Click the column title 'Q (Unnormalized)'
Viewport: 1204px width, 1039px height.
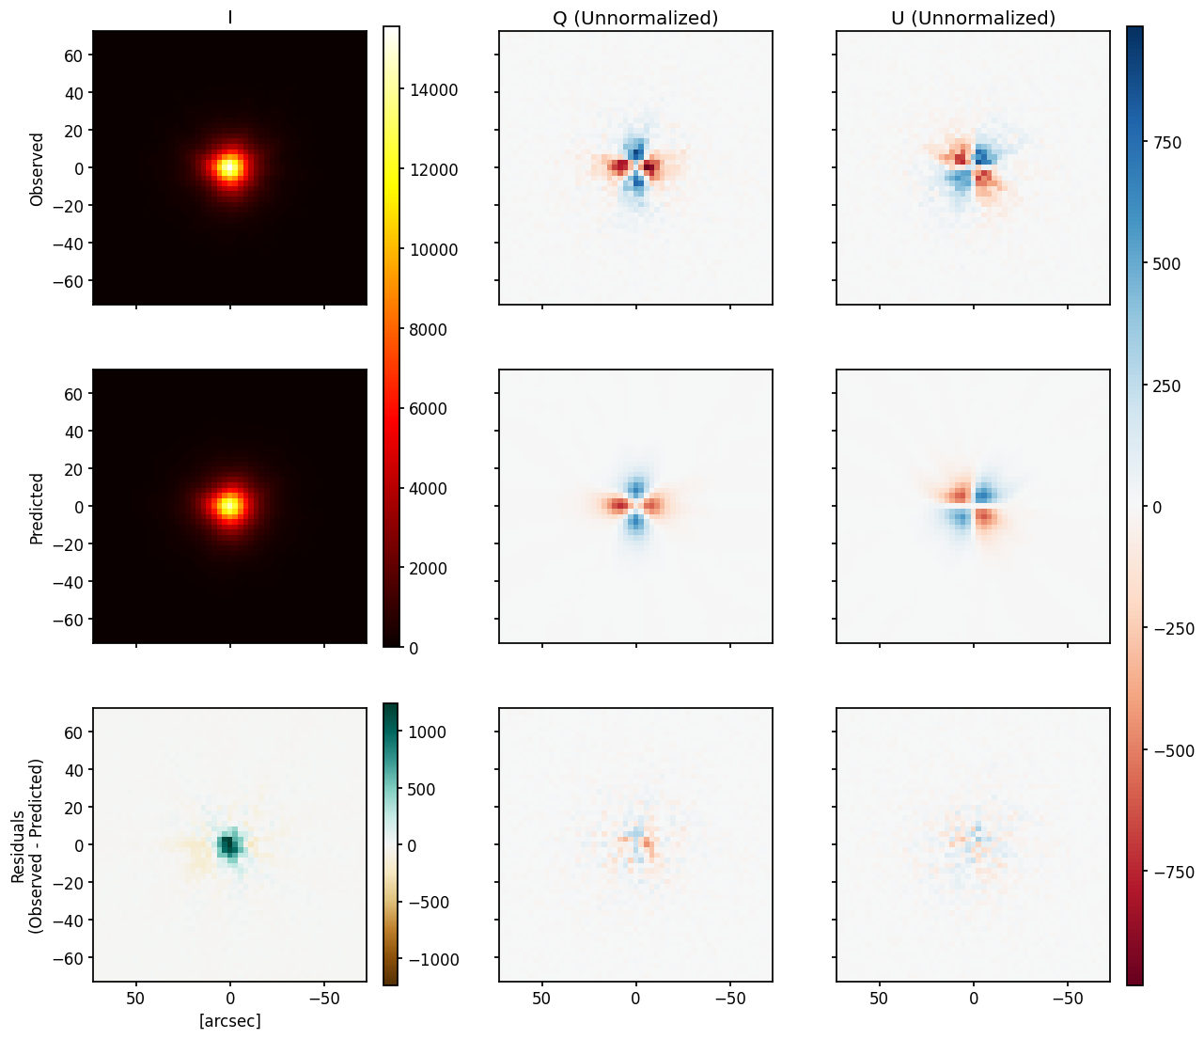[x=635, y=18]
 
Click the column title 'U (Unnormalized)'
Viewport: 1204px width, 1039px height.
[x=973, y=18]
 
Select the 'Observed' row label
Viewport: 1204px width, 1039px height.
[x=38, y=168]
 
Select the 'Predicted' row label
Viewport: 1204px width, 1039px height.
[x=38, y=508]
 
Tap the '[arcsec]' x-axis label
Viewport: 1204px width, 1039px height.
[x=230, y=1020]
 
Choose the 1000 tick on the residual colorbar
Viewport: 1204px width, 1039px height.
[x=426, y=732]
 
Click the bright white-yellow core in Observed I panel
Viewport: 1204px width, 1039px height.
[x=229, y=168]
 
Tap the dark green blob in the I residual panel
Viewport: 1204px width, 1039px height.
[x=227, y=844]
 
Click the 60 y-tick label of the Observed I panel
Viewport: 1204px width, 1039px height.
[x=74, y=55]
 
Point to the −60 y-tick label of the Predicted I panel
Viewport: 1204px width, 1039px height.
[x=70, y=620]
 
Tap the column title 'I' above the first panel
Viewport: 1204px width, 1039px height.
[x=230, y=18]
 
